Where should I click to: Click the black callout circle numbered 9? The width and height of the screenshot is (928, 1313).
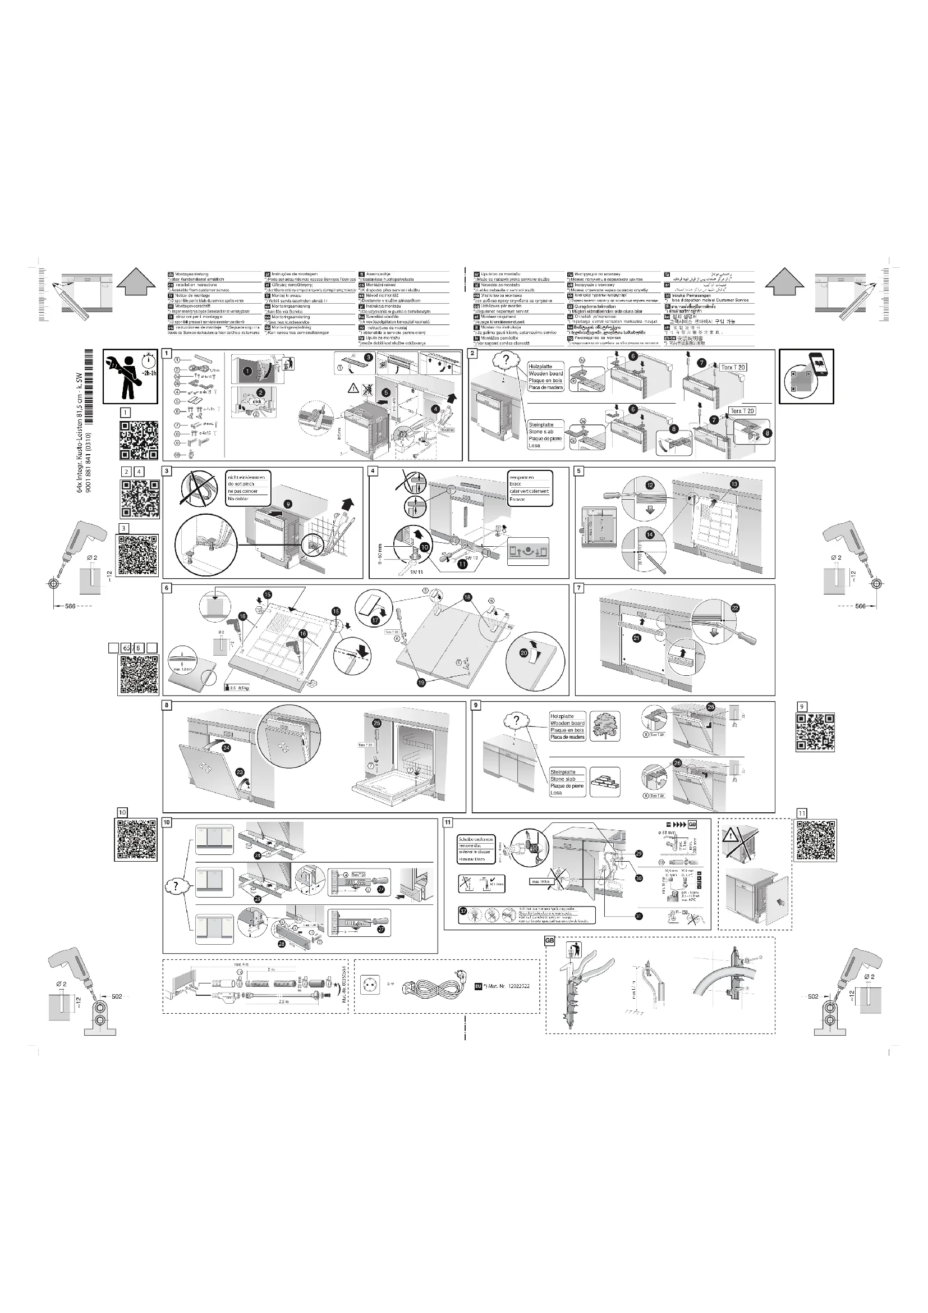[287, 504]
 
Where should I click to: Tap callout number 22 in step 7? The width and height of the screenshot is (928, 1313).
[735, 608]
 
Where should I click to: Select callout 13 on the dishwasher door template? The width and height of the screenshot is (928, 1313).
[734, 484]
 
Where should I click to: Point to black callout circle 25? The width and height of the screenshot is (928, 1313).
[376, 723]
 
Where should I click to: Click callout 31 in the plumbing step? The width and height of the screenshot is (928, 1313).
[638, 916]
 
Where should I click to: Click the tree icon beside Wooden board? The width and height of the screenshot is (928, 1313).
[605, 726]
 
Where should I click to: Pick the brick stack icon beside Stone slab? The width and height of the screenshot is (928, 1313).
[605, 782]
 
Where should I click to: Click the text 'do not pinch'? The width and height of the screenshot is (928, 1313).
[241, 484]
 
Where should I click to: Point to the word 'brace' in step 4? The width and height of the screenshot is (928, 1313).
[516, 484]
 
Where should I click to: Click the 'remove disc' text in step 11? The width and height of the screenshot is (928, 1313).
[470, 845]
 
